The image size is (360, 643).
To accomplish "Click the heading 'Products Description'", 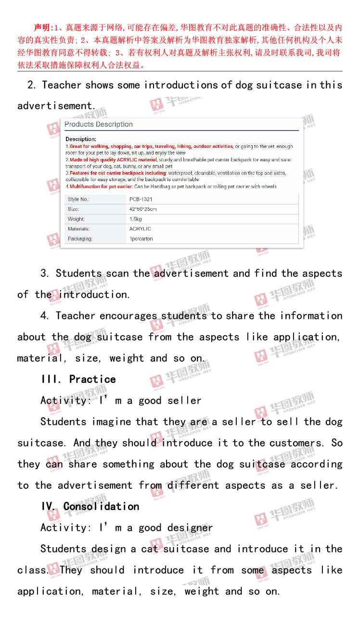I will (98, 124).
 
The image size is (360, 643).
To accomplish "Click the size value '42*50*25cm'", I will (143, 209).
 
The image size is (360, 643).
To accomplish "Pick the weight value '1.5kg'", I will (136, 219).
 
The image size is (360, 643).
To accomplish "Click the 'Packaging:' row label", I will (80, 239).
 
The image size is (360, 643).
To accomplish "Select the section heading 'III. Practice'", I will (78, 380).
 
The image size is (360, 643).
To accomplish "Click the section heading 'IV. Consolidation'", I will (90, 507).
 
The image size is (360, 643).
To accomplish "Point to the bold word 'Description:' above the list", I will (81, 139).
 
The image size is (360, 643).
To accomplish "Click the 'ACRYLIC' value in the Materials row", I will (140, 229).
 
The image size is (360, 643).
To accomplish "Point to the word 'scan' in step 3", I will (117, 274).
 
